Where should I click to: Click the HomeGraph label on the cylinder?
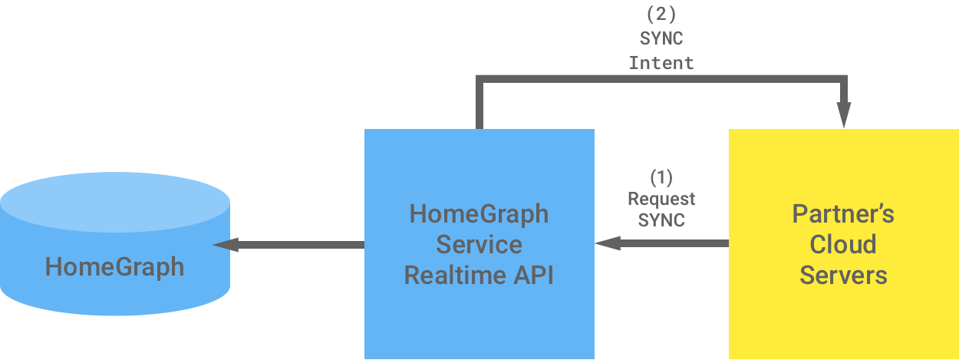[x=114, y=266]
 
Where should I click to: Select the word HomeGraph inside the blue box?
[x=479, y=213]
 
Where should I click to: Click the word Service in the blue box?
[x=479, y=244]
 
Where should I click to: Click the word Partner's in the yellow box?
[x=843, y=213]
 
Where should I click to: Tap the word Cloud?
[x=843, y=244]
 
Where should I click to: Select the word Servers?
[x=843, y=275]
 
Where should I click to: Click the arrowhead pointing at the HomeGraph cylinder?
[x=225, y=245]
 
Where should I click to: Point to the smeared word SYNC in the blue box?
[x=662, y=220]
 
